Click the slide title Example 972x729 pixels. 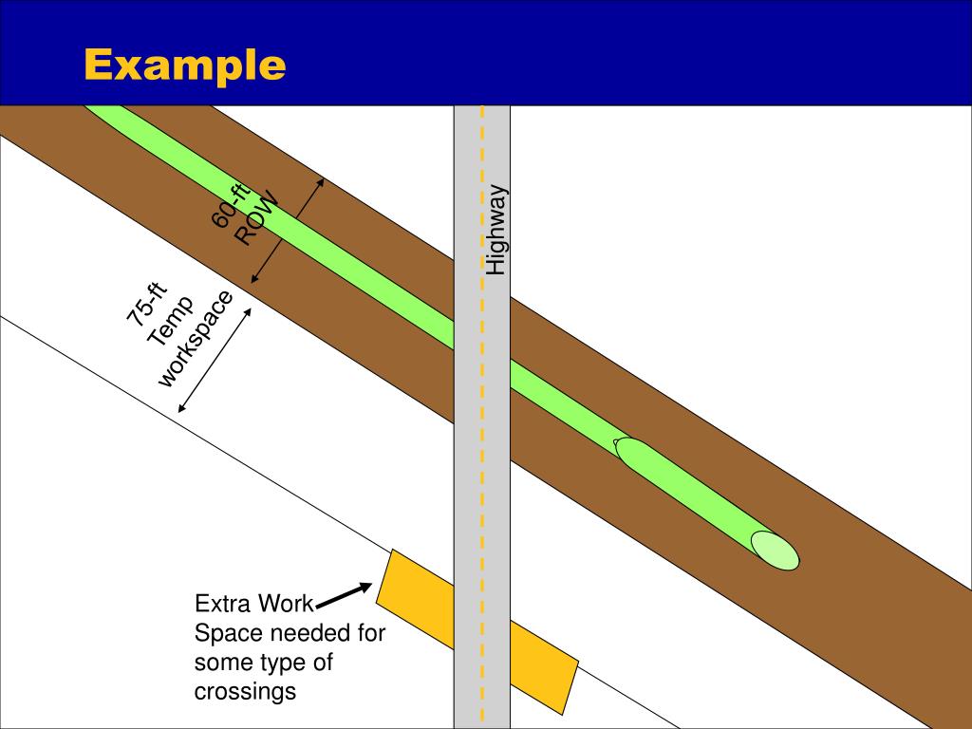point(184,65)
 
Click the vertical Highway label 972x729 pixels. point(496,231)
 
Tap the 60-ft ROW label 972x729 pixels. point(245,214)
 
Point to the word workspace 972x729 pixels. point(196,339)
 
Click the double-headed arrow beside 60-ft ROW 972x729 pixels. point(288,231)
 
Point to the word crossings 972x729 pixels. point(245,691)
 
